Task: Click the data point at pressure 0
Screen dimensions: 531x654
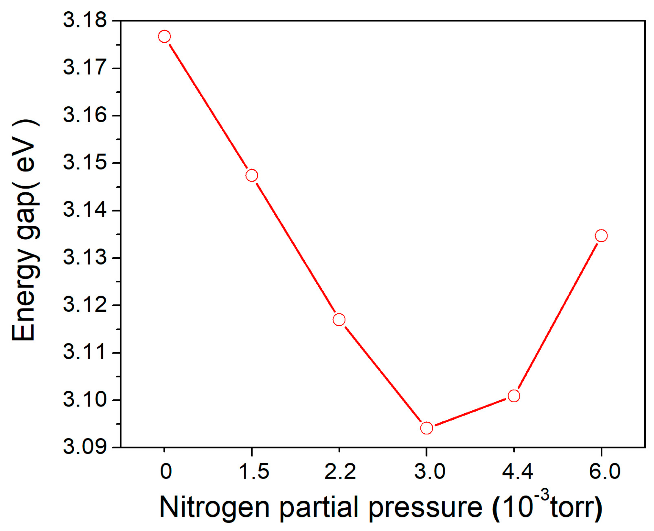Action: (x=164, y=37)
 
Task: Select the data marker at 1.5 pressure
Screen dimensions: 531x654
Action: (x=252, y=176)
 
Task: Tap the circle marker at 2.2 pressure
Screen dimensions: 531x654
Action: (x=339, y=320)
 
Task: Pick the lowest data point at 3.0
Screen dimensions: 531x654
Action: (x=427, y=428)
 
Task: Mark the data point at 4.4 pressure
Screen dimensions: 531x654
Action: (x=514, y=396)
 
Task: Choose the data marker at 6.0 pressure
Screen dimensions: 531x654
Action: (x=601, y=236)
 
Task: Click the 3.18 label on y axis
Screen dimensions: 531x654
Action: (x=85, y=20)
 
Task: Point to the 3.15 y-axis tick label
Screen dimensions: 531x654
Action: (x=85, y=162)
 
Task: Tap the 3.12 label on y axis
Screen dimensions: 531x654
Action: (x=85, y=304)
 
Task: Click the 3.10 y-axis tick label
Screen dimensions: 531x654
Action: (x=85, y=399)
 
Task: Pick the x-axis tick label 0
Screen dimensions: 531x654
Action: (x=166, y=471)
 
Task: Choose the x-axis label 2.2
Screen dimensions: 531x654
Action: (x=340, y=471)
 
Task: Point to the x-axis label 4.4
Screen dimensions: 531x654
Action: (x=517, y=471)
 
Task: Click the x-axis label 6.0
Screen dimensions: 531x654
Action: (x=605, y=471)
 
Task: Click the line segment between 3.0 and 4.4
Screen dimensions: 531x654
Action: (x=470, y=412)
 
